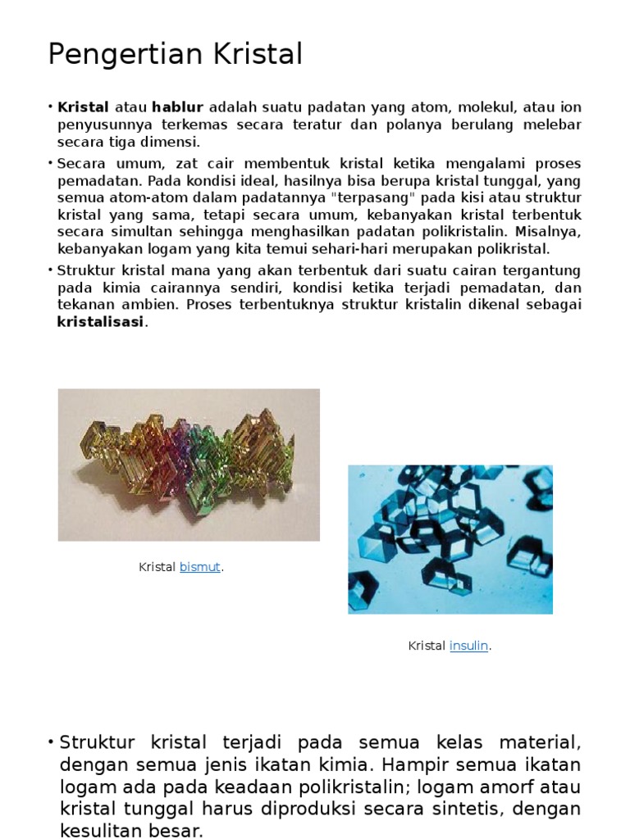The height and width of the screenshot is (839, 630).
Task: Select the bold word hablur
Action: (x=177, y=107)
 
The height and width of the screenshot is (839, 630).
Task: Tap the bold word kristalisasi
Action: (x=100, y=322)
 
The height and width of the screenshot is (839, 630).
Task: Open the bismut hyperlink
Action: (x=200, y=567)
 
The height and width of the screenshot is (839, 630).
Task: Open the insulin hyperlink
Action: (x=469, y=646)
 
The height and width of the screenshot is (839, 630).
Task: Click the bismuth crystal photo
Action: (x=189, y=465)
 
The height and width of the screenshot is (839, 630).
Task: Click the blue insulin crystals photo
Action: (x=450, y=539)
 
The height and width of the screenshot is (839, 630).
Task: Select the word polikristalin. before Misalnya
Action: (x=461, y=233)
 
